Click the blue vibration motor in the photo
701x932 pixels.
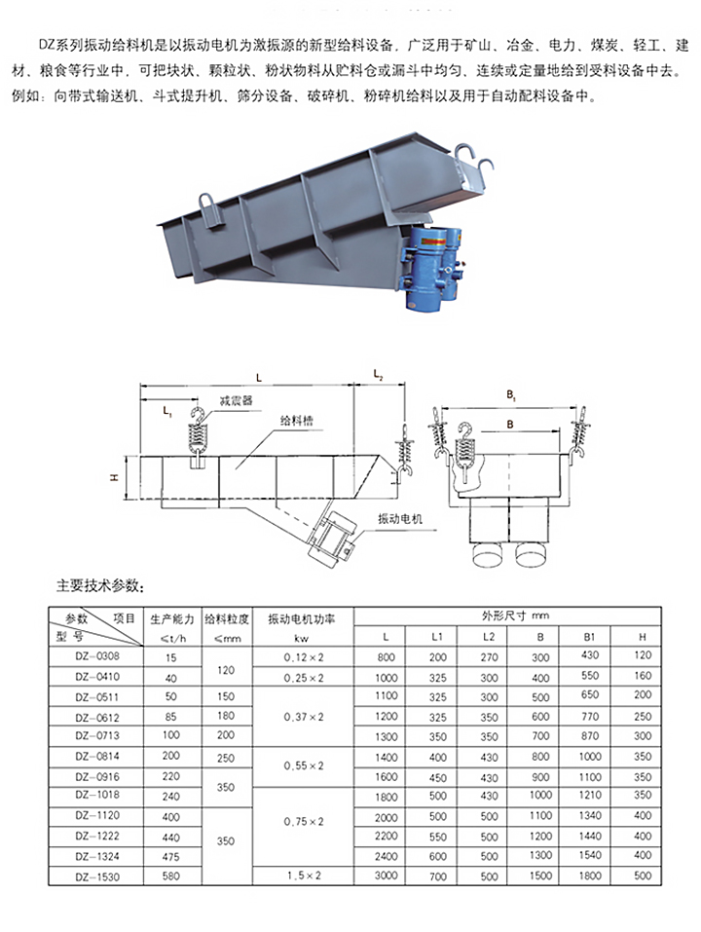pyautogui.click(x=429, y=268)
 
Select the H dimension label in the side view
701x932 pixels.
pyautogui.click(x=114, y=478)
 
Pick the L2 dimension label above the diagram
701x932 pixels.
pyautogui.click(x=380, y=375)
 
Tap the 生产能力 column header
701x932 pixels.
pyautogui.click(x=173, y=618)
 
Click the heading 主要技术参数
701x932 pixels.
pyautogui.click(x=102, y=586)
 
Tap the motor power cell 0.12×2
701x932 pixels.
pyautogui.click(x=304, y=657)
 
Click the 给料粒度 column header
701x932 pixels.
pyautogui.click(x=228, y=618)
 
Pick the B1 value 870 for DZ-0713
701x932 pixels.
pyautogui.click(x=590, y=735)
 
